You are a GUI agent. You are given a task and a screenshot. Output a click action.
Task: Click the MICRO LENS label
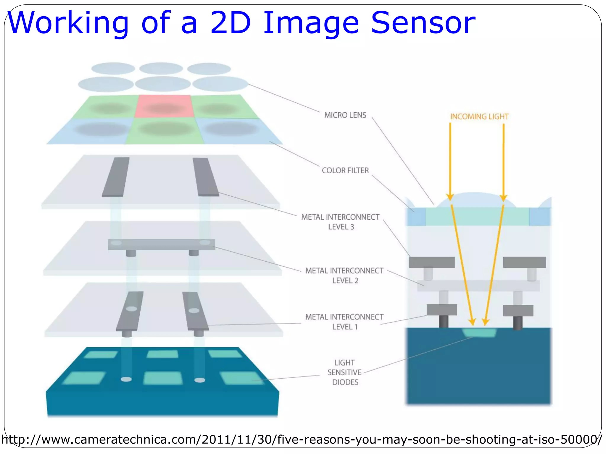coord(345,115)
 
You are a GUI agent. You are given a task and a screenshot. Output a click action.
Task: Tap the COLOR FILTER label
coord(345,171)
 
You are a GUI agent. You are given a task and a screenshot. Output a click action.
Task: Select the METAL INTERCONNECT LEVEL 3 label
coord(340,222)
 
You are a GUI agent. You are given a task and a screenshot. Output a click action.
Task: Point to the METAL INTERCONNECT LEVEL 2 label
coord(344,275)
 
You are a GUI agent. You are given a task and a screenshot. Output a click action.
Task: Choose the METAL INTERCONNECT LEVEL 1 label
coord(344,322)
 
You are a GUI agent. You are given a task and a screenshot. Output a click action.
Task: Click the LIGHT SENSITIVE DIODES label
coord(345,372)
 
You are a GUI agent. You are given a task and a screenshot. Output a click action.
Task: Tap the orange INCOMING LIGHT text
coord(479,116)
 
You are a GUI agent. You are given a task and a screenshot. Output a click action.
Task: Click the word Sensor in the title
coord(423,23)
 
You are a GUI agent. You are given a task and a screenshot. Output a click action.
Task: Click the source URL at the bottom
coord(302,440)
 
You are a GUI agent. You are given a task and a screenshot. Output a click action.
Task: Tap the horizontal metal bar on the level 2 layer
coord(162,244)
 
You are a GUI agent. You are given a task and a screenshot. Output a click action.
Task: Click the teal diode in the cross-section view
coord(479,333)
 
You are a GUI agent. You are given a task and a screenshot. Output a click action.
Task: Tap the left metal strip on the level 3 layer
coord(116,177)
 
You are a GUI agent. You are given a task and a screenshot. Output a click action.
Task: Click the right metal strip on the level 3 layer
coord(206,177)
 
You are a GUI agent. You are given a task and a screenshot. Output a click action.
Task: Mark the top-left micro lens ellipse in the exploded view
coord(113,69)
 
